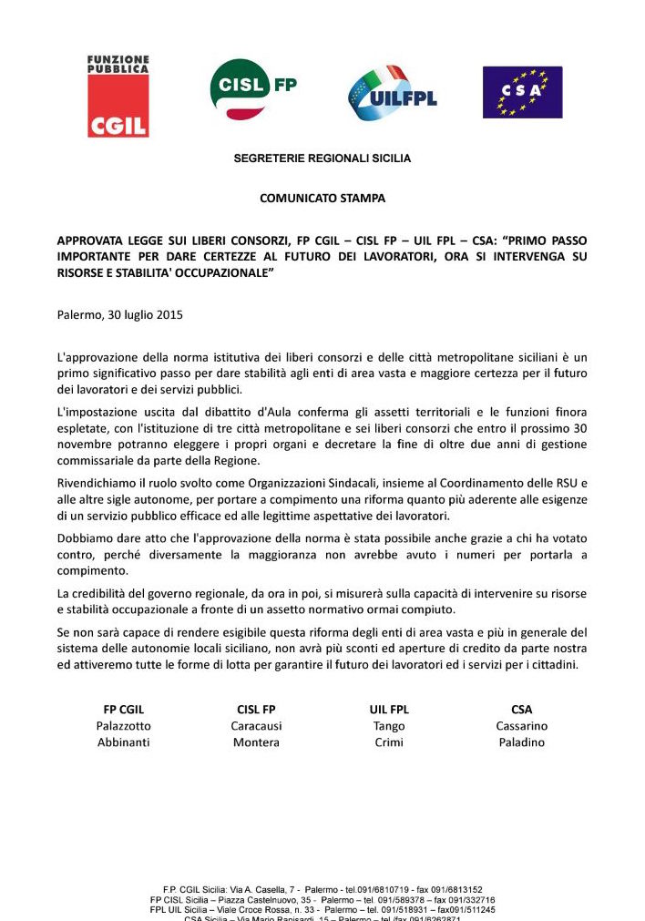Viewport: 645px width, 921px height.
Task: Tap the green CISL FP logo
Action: [x=252, y=89]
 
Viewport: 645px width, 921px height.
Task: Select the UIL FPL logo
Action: [x=392, y=94]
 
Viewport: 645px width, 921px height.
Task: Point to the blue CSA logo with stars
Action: [x=522, y=92]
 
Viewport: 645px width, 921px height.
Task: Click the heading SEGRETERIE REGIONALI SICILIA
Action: [x=322, y=159]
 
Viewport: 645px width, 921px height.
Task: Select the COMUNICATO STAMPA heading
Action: [x=322, y=198]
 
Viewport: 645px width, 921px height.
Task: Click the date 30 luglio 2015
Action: [x=147, y=315]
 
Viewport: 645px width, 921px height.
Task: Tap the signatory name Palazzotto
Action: [x=124, y=726]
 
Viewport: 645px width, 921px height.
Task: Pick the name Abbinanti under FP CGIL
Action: [x=124, y=742]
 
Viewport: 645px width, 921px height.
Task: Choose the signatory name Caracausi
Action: [x=256, y=726]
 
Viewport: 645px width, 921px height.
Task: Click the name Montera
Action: [x=256, y=742]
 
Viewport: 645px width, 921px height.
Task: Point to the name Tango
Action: [x=389, y=726]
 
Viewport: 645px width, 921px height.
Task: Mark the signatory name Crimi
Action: [x=389, y=742]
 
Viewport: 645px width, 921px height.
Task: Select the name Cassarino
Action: [x=522, y=726]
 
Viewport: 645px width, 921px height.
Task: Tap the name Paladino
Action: [x=522, y=742]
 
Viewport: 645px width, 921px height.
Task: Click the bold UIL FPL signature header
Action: [x=389, y=709]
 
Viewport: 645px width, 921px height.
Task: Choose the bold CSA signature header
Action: [x=522, y=709]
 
